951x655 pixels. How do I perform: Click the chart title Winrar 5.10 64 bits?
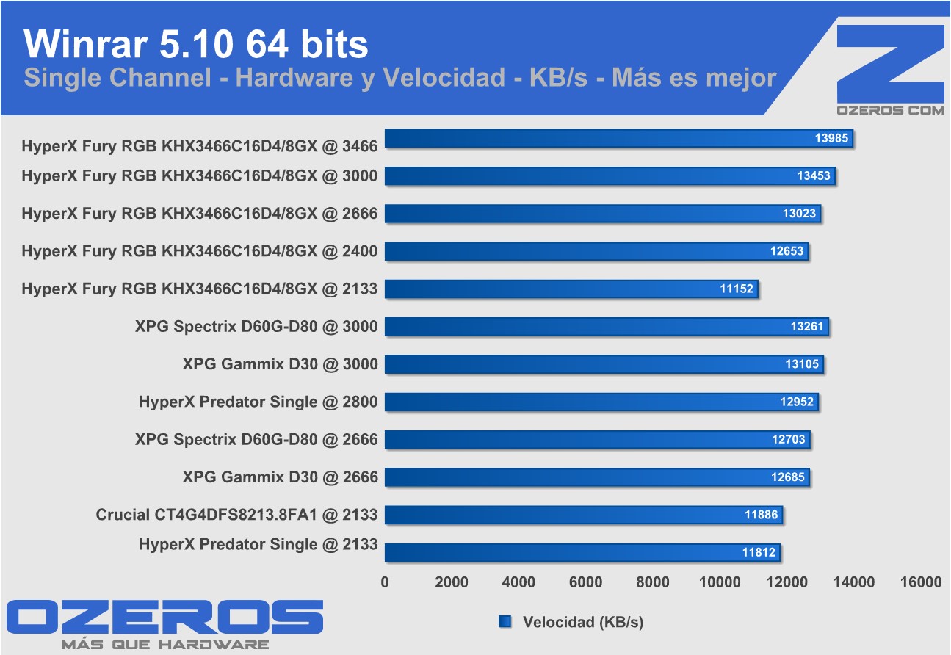click(196, 44)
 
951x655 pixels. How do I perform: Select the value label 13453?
click(814, 176)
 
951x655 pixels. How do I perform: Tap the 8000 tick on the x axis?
click(652, 582)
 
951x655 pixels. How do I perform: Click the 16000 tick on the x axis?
click(920, 582)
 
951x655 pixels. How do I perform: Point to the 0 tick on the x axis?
click(385, 582)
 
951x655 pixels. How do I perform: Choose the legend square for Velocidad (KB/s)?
click(505, 622)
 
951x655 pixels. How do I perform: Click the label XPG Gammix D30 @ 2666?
click(280, 477)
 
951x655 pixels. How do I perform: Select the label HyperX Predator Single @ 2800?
click(258, 402)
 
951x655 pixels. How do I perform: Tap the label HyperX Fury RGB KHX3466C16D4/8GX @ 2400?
click(199, 251)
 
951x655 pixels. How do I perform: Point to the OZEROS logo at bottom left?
click(165, 618)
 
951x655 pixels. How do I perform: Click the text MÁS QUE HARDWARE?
click(164, 645)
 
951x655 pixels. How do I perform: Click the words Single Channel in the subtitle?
click(117, 78)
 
